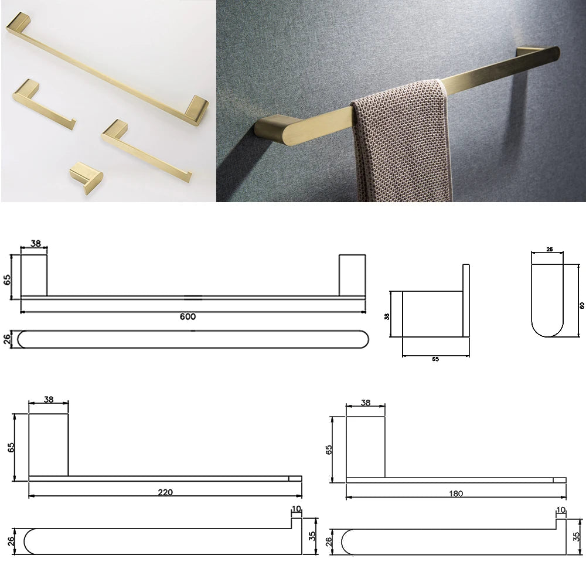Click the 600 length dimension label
click(x=188, y=316)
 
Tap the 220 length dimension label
click(x=165, y=492)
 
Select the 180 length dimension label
click(x=456, y=493)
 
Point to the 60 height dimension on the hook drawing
click(x=582, y=305)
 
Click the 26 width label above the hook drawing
click(x=550, y=249)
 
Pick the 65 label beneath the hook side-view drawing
click(x=435, y=359)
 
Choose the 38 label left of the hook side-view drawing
click(x=387, y=316)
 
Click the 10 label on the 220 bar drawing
click(x=297, y=509)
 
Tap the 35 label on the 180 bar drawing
click(x=577, y=537)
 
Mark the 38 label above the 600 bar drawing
click(x=36, y=244)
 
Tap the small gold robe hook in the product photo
click(x=86, y=177)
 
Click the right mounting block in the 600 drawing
click(x=352, y=275)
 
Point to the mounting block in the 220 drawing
click(x=49, y=445)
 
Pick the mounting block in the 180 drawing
click(x=366, y=447)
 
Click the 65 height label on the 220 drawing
click(x=11, y=447)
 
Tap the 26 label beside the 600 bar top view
click(x=7, y=339)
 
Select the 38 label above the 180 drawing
click(x=366, y=403)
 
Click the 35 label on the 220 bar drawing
click(x=312, y=536)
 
